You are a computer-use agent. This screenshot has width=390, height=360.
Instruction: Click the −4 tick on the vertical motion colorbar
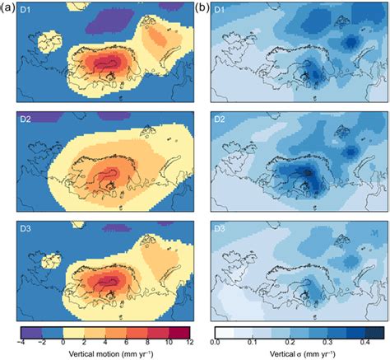21,340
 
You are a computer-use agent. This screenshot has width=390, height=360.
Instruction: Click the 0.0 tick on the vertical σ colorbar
215,340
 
